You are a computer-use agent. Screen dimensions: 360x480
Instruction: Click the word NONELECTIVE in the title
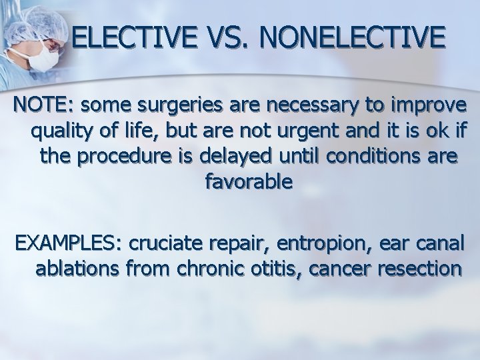353,37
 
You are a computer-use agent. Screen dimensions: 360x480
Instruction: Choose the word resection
413,268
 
